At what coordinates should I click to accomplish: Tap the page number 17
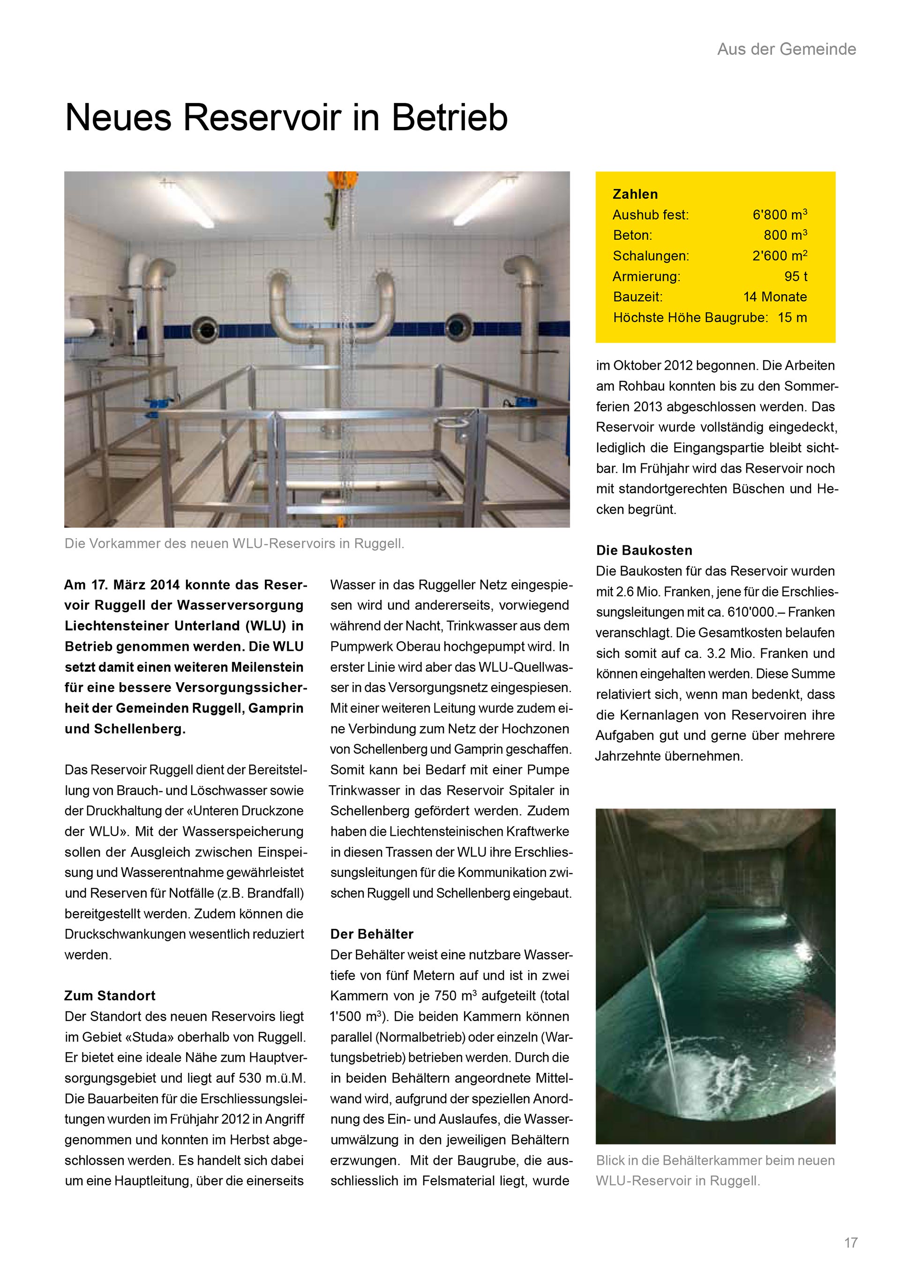coord(851,1242)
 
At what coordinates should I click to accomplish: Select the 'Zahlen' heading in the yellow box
coord(635,194)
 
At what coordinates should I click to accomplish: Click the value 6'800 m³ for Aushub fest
coord(779,215)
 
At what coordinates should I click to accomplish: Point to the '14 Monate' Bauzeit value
coord(775,297)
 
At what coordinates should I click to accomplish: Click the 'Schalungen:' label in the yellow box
coord(651,255)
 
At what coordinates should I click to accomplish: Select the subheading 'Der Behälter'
coord(372,934)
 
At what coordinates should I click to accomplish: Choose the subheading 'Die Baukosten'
coord(644,550)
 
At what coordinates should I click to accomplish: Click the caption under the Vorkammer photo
coord(234,543)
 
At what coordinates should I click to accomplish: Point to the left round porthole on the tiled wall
coord(206,331)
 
